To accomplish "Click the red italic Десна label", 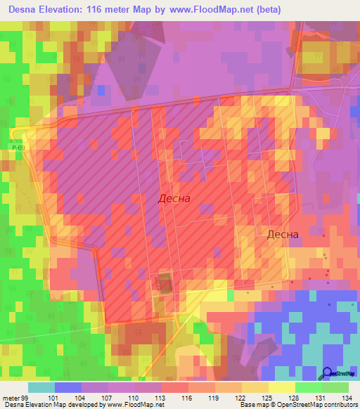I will [173, 199].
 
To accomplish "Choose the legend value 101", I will [68, 397].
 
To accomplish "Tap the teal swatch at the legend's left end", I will [41, 387].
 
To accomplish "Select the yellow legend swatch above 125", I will [255, 387].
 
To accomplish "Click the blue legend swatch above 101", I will [68, 387].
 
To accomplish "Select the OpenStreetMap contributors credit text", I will [317, 405].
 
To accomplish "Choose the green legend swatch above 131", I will [309, 387].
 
